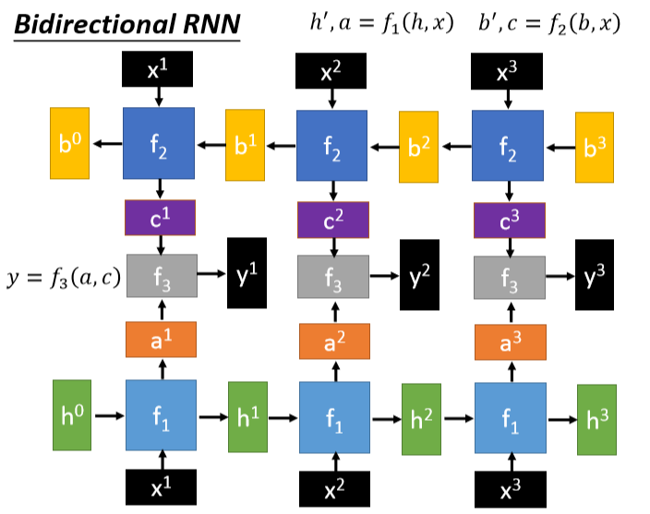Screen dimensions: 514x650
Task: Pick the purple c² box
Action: pyautogui.click(x=333, y=220)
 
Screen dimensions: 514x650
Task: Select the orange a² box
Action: pyautogui.click(x=333, y=341)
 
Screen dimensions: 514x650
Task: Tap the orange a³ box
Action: pyautogui.click(x=510, y=341)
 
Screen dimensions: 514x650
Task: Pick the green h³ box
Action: pyautogui.click(x=596, y=419)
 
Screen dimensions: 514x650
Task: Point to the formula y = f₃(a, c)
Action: pyautogui.click(x=63, y=275)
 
